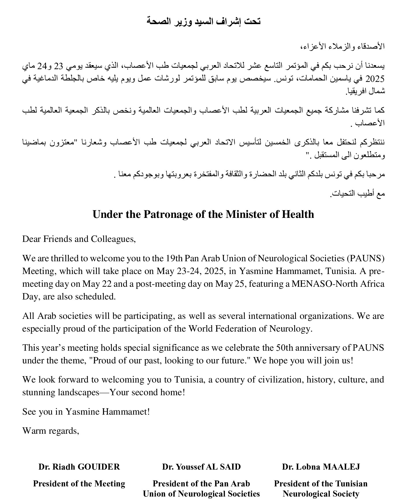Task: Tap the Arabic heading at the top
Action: point(203,21)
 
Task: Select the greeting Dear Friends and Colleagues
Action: point(79,239)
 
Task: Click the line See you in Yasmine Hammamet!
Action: point(86,411)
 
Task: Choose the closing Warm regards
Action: point(51,431)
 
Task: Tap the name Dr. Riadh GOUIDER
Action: point(79,467)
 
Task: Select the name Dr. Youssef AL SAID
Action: point(201,467)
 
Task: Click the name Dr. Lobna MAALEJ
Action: point(321,467)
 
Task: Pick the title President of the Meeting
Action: point(79,484)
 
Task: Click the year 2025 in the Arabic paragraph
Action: point(375,79)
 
